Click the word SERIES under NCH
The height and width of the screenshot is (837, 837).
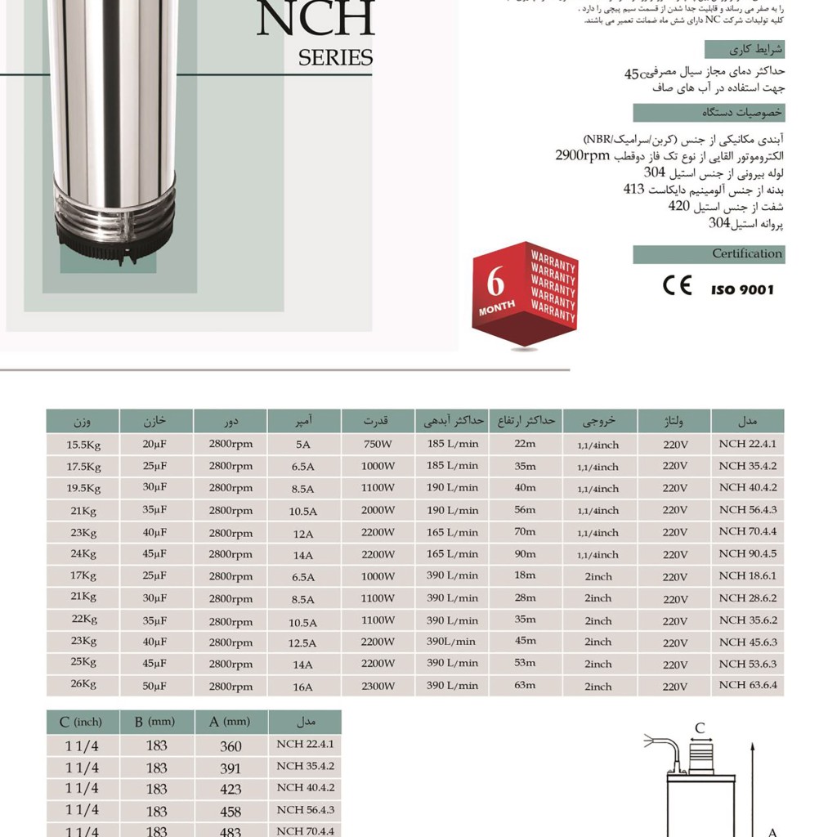point(335,58)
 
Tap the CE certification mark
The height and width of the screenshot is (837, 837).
point(677,285)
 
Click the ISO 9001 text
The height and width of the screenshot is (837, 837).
point(741,289)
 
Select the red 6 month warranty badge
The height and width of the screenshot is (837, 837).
point(525,293)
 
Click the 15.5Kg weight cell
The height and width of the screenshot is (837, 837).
point(83,445)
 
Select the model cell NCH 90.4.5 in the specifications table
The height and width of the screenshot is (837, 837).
point(747,554)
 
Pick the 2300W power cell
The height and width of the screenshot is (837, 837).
point(378,687)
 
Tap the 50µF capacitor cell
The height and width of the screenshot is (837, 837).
point(154,686)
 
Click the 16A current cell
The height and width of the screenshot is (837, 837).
point(302,687)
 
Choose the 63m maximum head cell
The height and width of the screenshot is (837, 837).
point(525,685)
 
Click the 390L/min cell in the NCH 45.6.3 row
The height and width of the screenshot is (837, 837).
point(450,642)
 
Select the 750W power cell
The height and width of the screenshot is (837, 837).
point(378,445)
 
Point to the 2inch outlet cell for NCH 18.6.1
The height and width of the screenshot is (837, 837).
point(598,576)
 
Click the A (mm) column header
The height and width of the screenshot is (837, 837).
point(231,722)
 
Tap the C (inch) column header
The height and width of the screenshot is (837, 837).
point(81,722)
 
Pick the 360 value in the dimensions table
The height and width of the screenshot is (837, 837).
point(231,745)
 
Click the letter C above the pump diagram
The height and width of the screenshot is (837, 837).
point(699,728)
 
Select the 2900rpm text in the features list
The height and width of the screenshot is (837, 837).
point(583,154)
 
